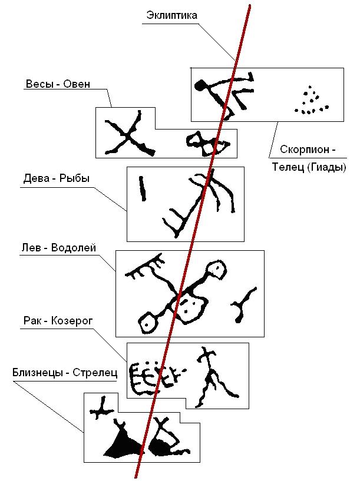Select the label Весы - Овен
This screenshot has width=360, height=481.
click(x=58, y=84)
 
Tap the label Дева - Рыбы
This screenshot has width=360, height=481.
click(x=57, y=178)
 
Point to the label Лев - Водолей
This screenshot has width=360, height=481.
click(x=57, y=247)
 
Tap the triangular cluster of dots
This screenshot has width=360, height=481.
click(x=309, y=101)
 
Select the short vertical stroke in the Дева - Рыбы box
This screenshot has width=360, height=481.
click(x=141, y=188)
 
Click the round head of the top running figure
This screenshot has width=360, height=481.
click(x=202, y=85)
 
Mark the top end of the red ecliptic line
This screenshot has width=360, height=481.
click(x=250, y=5)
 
